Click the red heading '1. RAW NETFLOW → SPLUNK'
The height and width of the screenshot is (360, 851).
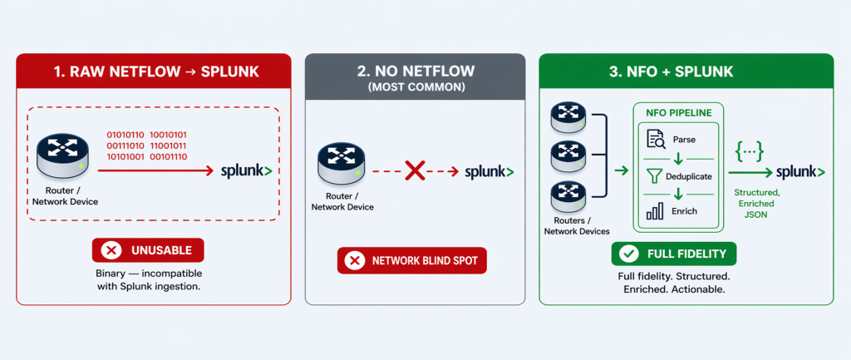pos(154,72)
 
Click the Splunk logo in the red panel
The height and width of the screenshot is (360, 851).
pos(246,171)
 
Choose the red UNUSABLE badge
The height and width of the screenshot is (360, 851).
pos(147,249)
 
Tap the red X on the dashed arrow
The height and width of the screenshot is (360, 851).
pos(415,172)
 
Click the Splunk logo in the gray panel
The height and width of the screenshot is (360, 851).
pos(489,172)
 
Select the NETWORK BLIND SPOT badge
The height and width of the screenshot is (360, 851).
pos(411,260)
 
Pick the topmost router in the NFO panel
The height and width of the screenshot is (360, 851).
pos(569,116)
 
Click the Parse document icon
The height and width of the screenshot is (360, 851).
pos(655,138)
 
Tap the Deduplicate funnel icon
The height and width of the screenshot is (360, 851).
pos(655,175)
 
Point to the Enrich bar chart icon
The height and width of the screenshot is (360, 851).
pos(655,210)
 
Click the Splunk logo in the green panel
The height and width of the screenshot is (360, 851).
pos(799,172)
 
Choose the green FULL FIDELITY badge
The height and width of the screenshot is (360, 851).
pos(673,254)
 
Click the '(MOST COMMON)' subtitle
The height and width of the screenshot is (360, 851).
pos(415,86)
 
